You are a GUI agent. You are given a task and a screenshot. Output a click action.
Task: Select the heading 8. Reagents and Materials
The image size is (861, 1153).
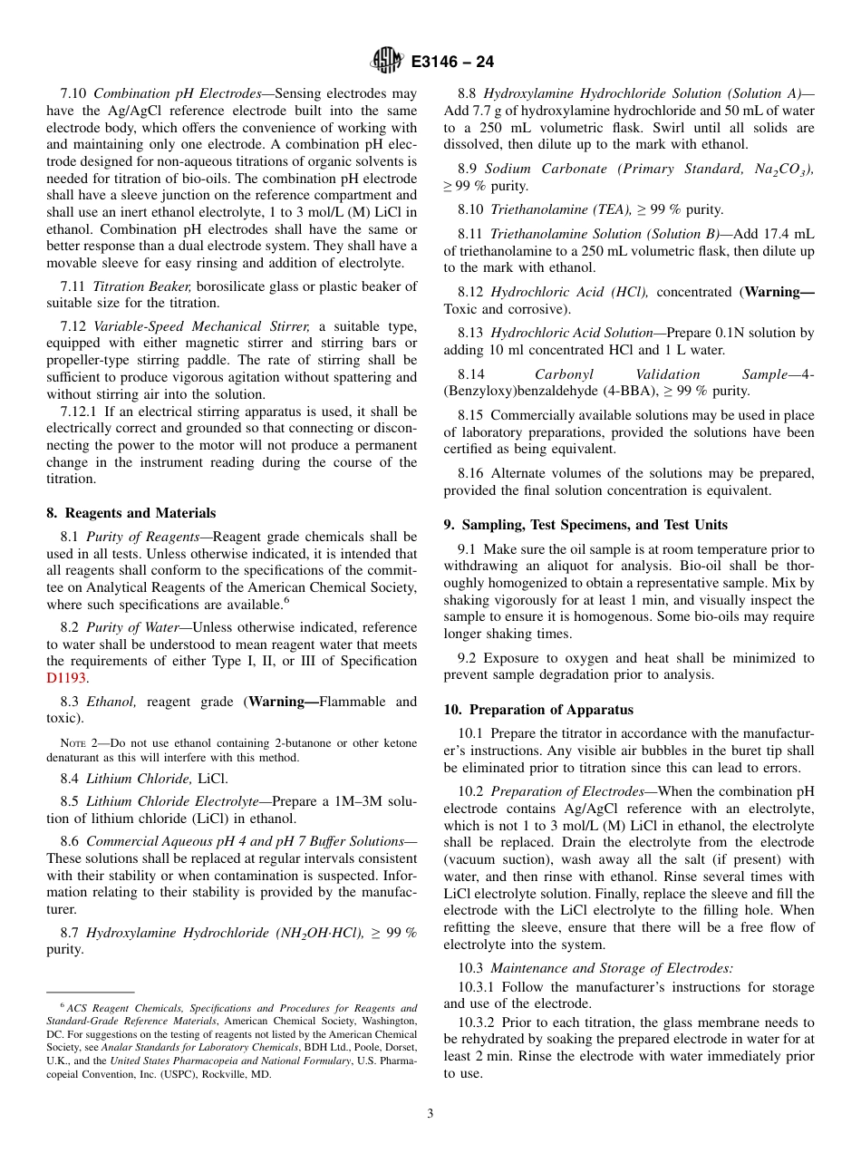(131, 513)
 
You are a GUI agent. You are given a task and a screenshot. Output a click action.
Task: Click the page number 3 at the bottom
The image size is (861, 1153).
(430, 1114)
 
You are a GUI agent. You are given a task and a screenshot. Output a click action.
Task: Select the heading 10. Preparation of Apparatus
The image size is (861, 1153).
(538, 710)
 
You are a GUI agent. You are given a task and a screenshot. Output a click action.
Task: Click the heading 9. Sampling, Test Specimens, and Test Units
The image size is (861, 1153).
(585, 525)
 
